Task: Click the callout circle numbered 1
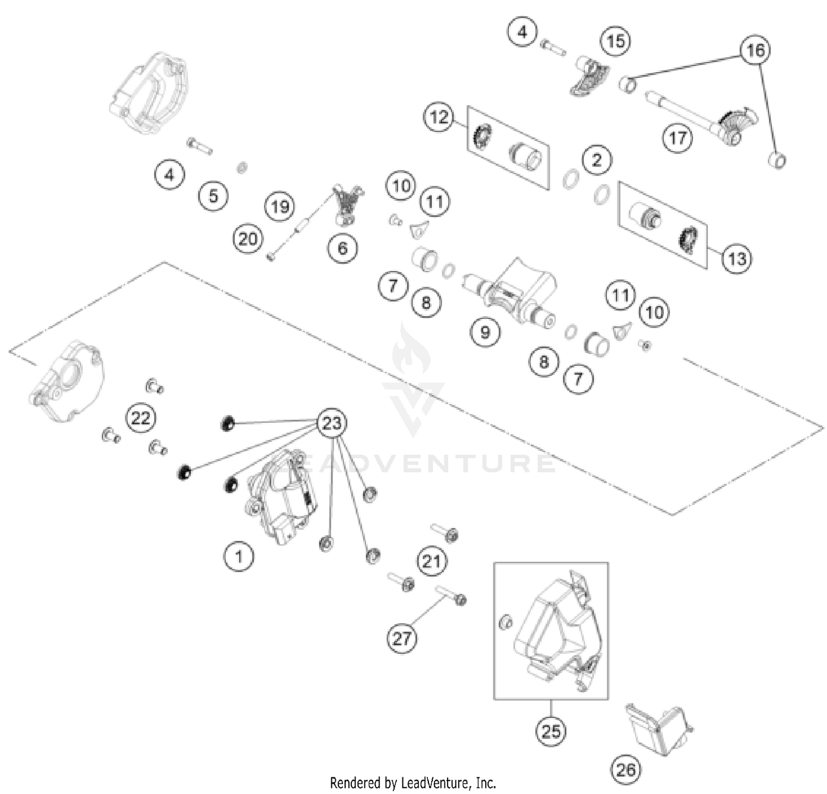(x=239, y=556)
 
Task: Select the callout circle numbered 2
(x=597, y=160)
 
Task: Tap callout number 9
(x=485, y=332)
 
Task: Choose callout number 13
(x=737, y=258)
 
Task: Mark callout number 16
(x=755, y=50)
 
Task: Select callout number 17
(x=677, y=137)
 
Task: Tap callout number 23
(x=332, y=423)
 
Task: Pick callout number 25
(x=551, y=731)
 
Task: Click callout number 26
(x=626, y=769)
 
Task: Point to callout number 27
(x=401, y=638)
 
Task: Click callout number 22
(x=141, y=418)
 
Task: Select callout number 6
(x=343, y=248)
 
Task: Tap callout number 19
(x=280, y=206)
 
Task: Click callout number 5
(x=213, y=195)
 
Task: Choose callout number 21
(x=431, y=561)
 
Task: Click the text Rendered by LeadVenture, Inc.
(x=413, y=782)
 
